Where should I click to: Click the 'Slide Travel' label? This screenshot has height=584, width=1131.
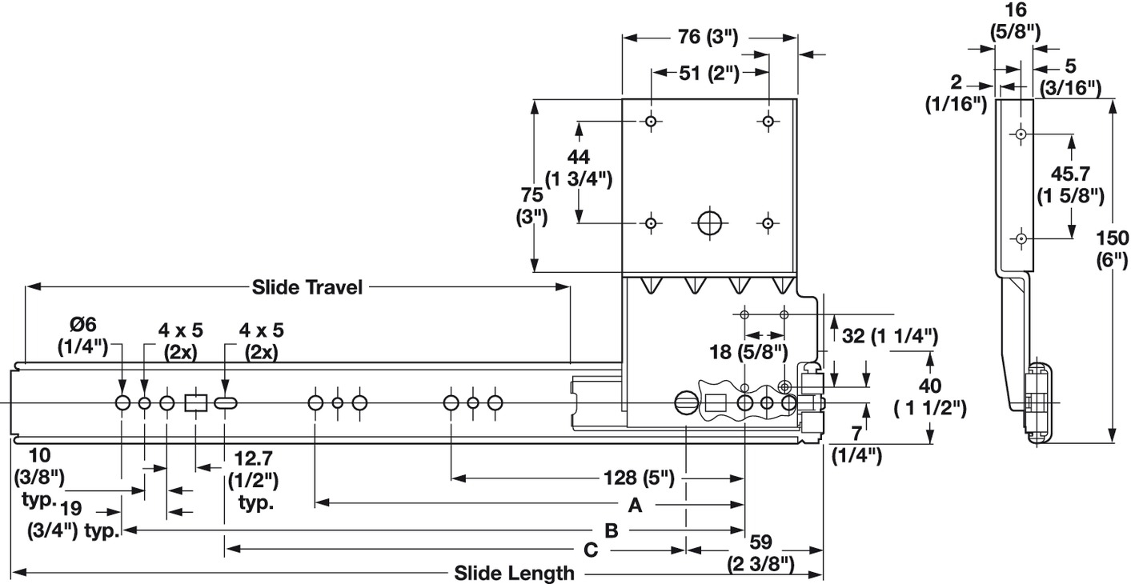pyautogui.click(x=307, y=287)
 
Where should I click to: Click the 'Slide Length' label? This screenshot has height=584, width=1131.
pyautogui.click(x=514, y=574)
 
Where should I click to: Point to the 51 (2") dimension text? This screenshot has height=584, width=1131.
pyautogui.click(x=709, y=73)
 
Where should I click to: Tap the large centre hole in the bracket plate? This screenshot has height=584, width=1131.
pyautogui.click(x=709, y=222)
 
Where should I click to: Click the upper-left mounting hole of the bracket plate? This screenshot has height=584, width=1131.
pyautogui.click(x=651, y=122)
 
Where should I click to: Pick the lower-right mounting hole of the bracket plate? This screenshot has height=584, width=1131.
pyautogui.click(x=768, y=223)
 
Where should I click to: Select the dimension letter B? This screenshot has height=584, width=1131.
pyautogui.click(x=612, y=531)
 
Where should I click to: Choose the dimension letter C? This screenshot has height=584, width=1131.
pyautogui.click(x=591, y=550)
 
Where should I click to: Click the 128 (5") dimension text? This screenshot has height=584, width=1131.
pyautogui.click(x=639, y=478)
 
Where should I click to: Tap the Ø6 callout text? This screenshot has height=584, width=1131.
pyautogui.click(x=82, y=324)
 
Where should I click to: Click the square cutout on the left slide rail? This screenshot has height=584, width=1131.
pyautogui.click(x=196, y=402)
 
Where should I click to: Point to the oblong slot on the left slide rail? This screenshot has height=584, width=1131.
pyautogui.click(x=226, y=403)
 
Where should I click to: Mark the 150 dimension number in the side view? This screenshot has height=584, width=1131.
pyautogui.click(x=1113, y=238)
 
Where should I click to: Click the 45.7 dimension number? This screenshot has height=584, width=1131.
pyautogui.click(x=1070, y=174)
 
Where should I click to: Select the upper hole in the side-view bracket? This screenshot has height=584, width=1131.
pyautogui.click(x=1021, y=134)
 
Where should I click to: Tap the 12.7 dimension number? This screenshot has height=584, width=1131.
pyautogui.click(x=253, y=459)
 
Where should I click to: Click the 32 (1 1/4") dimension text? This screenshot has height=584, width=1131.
pyautogui.click(x=889, y=336)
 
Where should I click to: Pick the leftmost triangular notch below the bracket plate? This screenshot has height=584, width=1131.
pyautogui.click(x=651, y=285)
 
